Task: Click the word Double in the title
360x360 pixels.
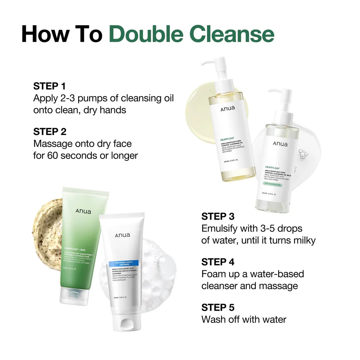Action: (147, 34)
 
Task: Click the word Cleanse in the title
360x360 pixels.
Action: (232, 34)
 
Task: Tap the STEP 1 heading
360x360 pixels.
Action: (50, 86)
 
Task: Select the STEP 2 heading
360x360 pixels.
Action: (50, 131)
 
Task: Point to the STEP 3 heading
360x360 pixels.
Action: (218, 216)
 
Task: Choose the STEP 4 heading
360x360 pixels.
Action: (218, 262)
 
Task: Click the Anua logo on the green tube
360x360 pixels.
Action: (83, 211)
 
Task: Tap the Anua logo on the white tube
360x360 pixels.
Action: (122, 235)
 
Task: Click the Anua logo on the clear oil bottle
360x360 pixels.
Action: (280, 144)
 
